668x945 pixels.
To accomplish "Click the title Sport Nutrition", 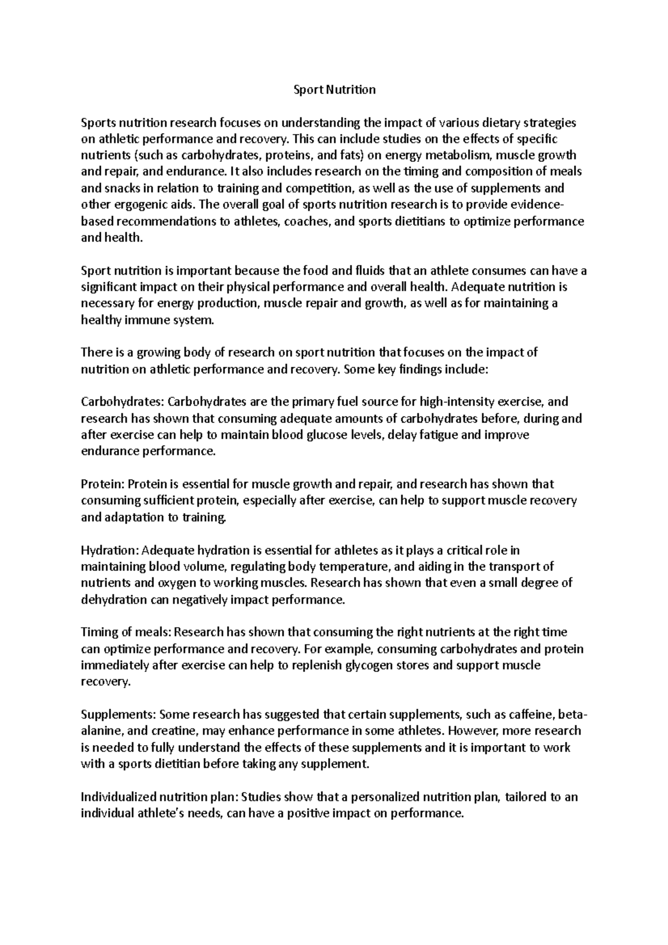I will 335,90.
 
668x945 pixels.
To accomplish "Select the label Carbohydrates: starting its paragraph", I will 122,402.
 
